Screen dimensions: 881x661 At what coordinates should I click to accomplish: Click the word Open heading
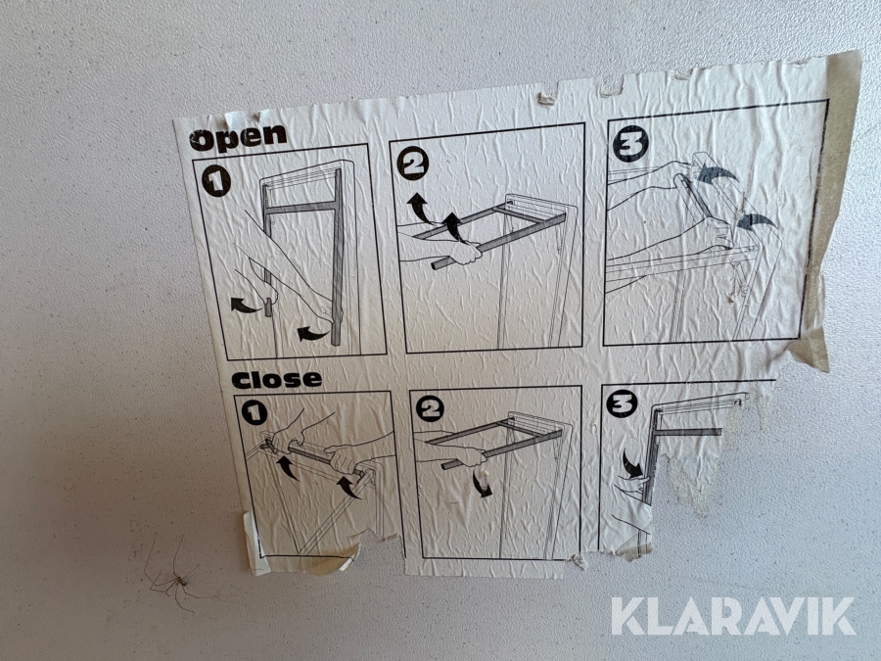click(x=238, y=138)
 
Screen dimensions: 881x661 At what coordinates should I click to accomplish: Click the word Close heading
click(x=276, y=380)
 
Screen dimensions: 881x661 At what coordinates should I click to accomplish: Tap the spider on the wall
click(x=176, y=579)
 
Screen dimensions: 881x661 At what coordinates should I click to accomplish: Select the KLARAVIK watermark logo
click(x=733, y=617)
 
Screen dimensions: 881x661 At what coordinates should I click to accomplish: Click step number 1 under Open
click(x=216, y=181)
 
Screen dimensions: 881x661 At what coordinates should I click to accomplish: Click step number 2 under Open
click(x=412, y=163)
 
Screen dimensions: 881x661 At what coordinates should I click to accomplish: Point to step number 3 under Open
click(x=630, y=144)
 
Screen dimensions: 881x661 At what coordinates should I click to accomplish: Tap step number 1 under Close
click(x=255, y=413)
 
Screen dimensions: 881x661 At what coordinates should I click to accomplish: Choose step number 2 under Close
click(x=430, y=408)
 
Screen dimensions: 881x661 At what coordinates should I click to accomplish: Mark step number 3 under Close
click(x=622, y=403)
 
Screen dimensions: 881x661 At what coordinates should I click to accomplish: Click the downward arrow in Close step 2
click(x=482, y=485)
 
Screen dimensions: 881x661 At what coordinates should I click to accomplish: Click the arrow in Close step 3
click(x=632, y=465)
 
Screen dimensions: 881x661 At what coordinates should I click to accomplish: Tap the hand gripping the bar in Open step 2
click(x=465, y=253)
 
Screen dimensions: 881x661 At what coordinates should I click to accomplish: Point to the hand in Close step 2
click(x=469, y=455)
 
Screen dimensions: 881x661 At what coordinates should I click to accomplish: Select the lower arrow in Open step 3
click(x=756, y=221)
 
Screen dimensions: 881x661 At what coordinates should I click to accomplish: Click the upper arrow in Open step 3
click(x=717, y=173)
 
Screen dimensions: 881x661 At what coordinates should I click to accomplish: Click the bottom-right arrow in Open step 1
click(x=312, y=334)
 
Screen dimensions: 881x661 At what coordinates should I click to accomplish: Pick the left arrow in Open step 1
click(x=245, y=307)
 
